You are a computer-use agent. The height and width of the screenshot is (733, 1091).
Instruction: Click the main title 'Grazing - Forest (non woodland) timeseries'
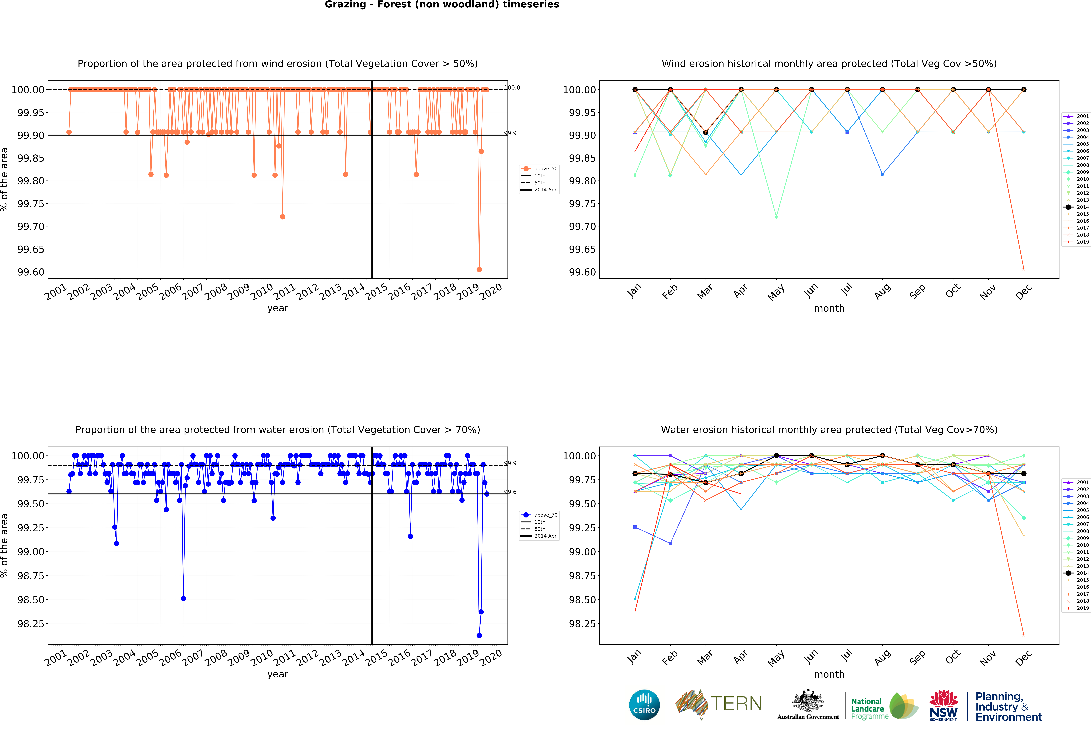click(442, 5)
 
